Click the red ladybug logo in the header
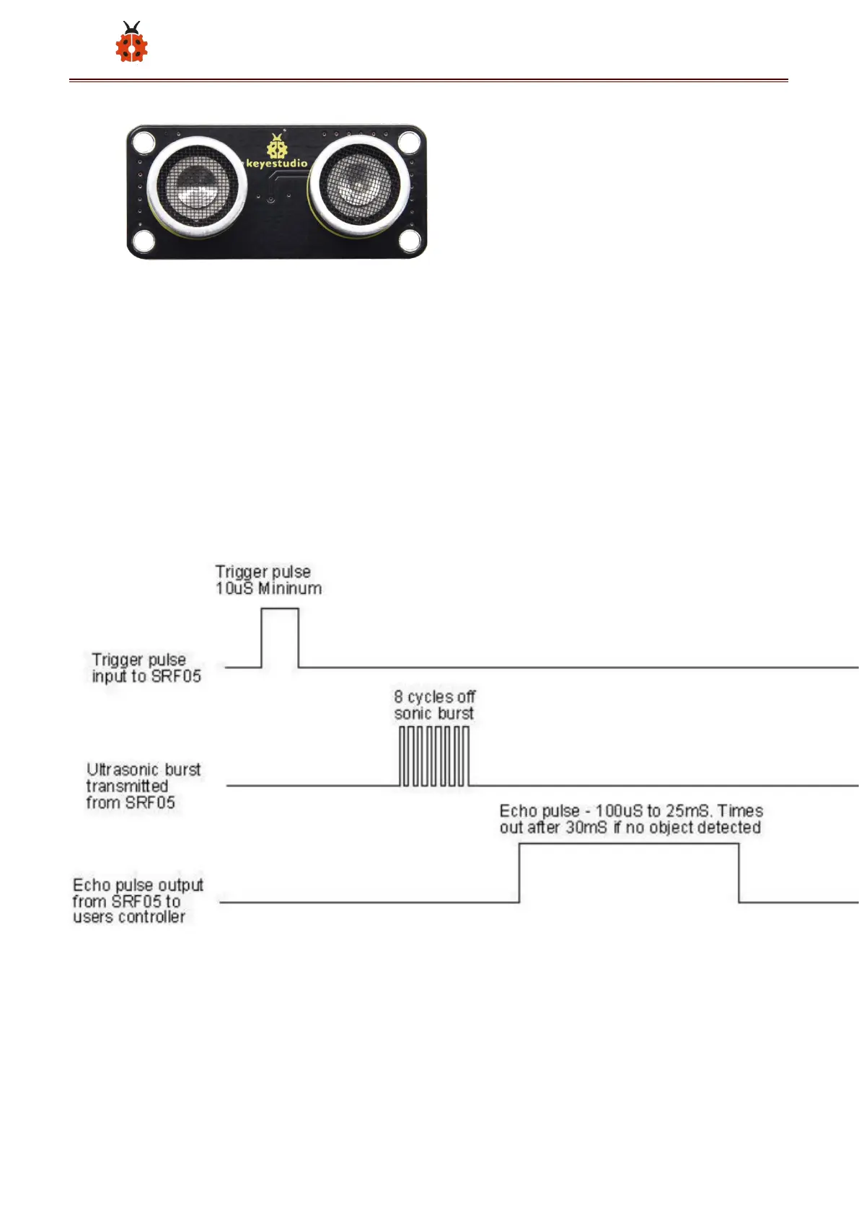(x=131, y=43)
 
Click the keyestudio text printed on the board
(x=277, y=164)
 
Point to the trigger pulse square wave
(x=280, y=637)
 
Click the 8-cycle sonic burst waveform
(x=434, y=756)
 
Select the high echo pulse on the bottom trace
(x=629, y=872)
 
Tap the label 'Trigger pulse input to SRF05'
(x=146, y=668)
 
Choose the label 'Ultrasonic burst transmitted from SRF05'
(x=143, y=786)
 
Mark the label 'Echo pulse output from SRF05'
(x=137, y=900)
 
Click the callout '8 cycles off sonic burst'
(x=434, y=705)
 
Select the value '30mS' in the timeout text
(x=586, y=828)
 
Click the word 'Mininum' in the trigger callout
(x=290, y=588)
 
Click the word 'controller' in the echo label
(x=152, y=917)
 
